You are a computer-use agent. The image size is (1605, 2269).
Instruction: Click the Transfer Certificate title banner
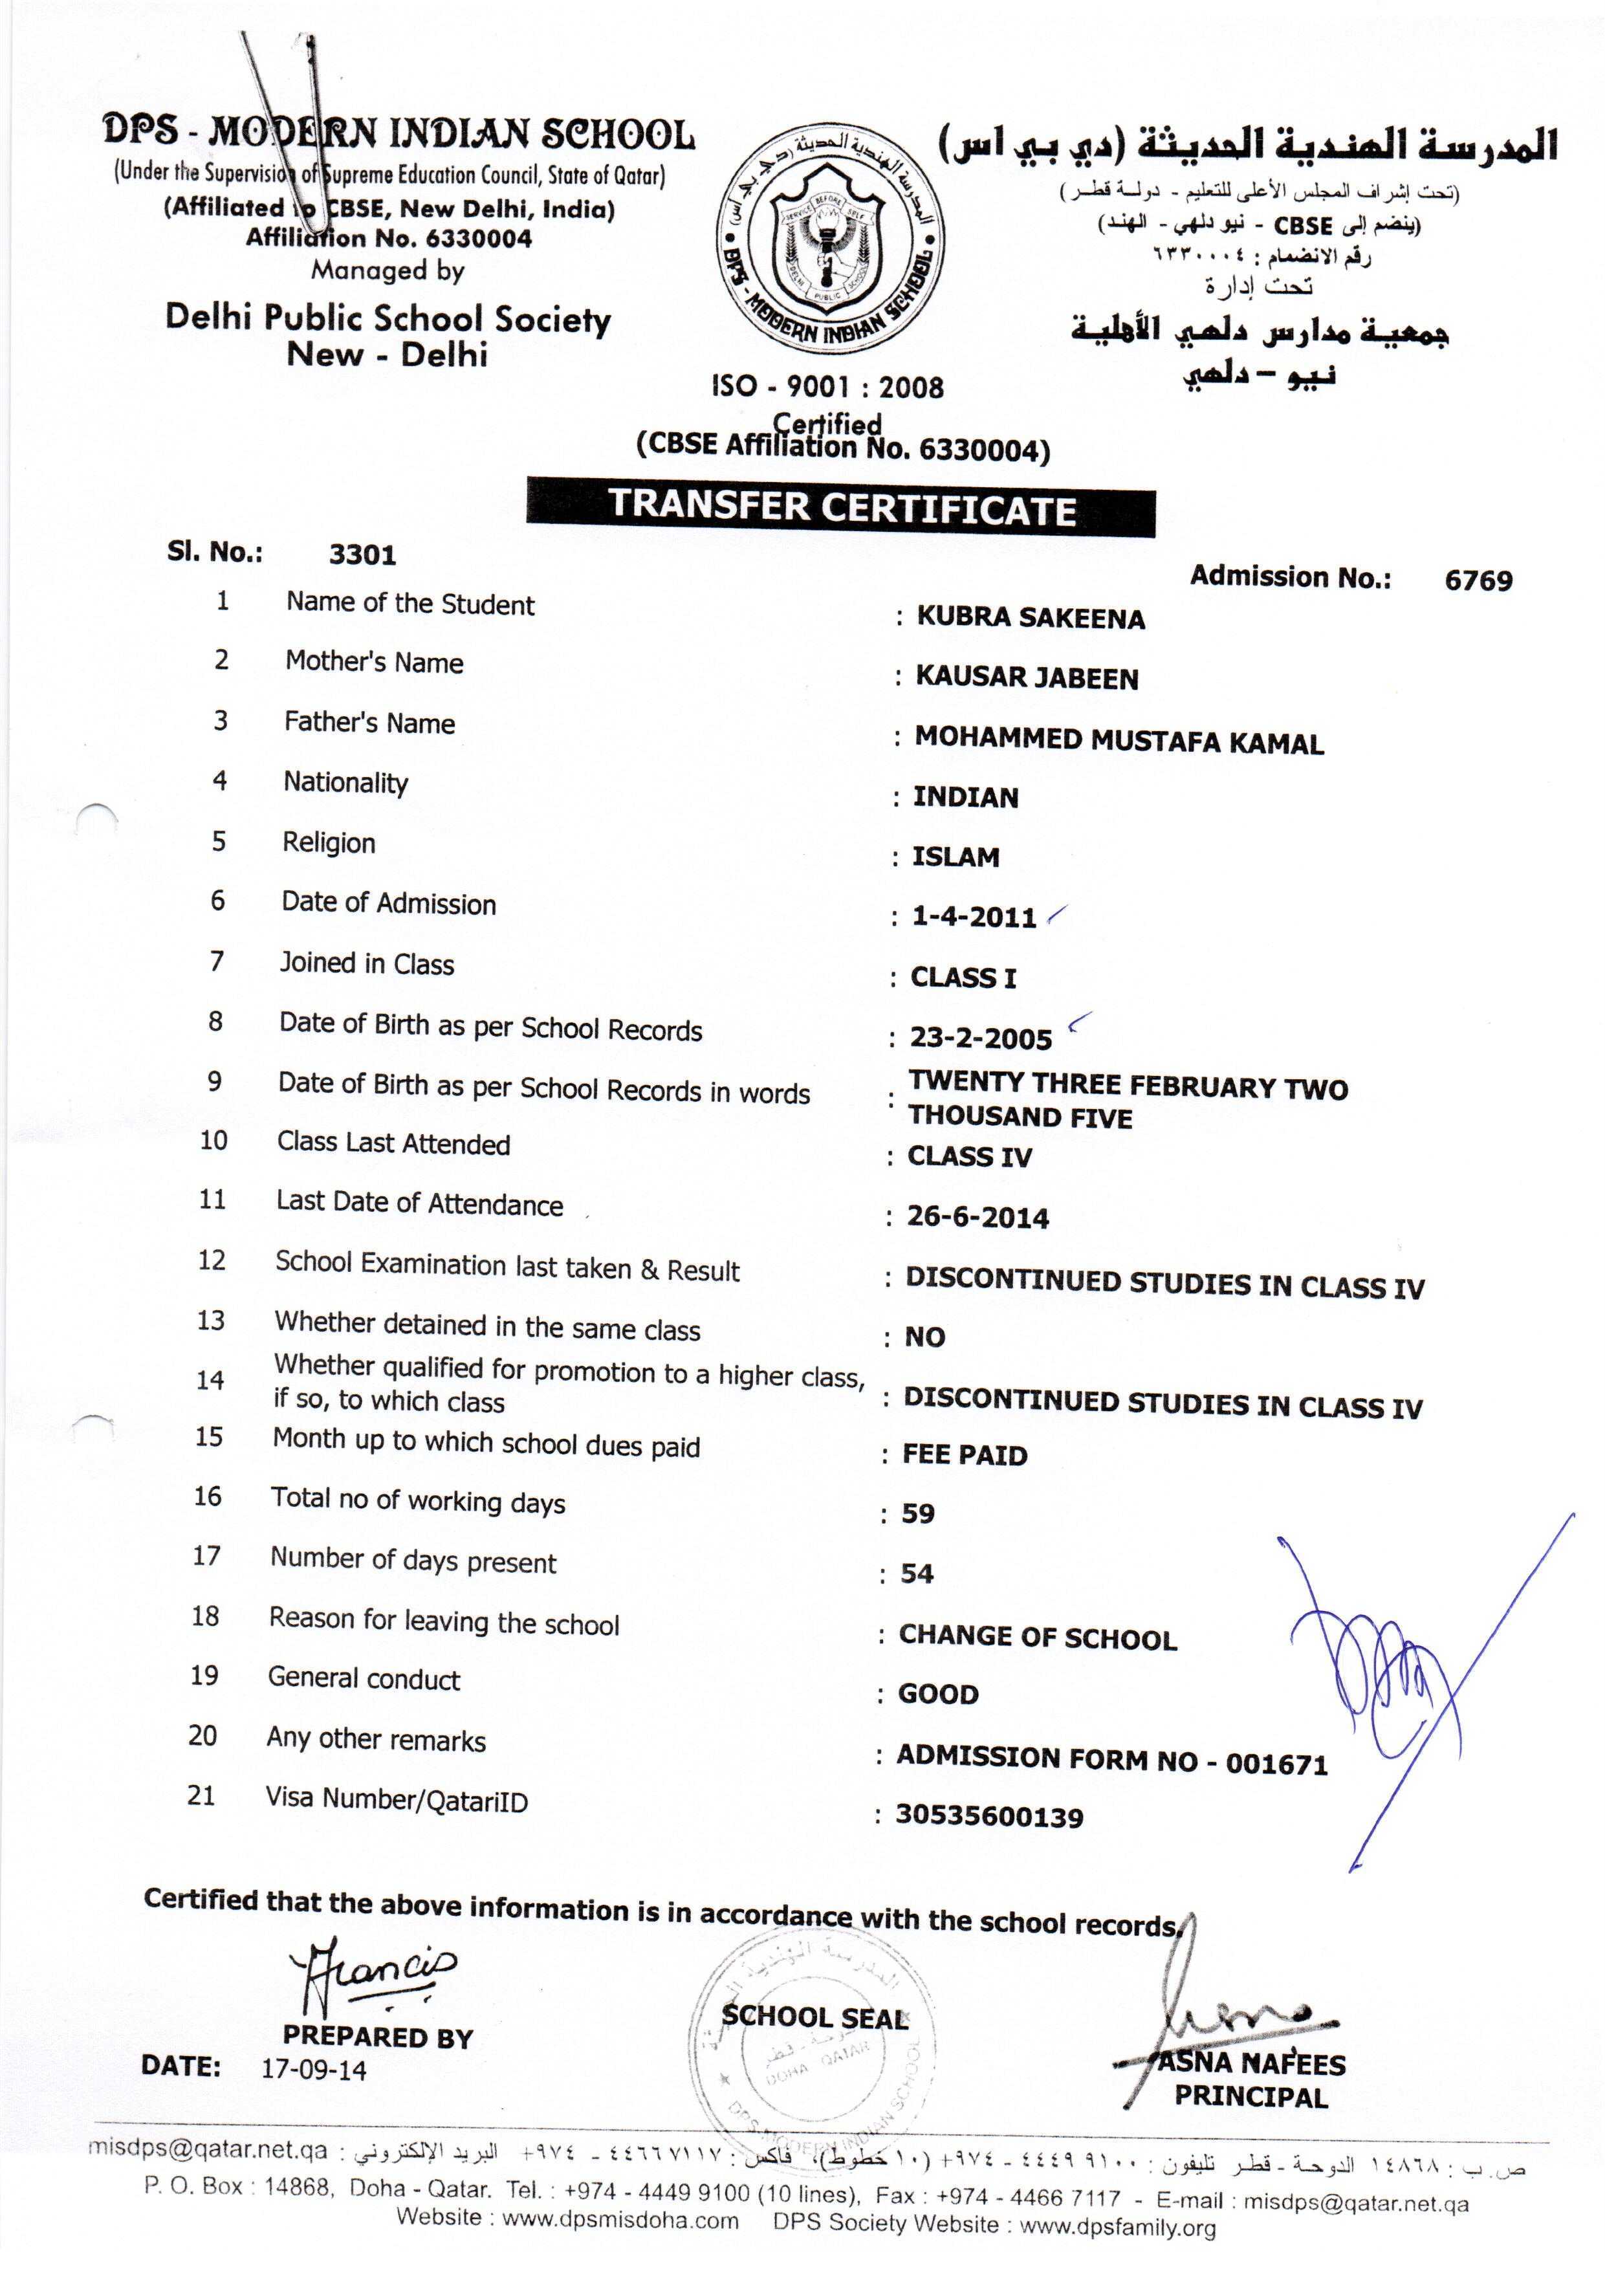[x=840, y=507]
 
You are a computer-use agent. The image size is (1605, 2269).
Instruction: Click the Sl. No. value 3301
[x=362, y=554]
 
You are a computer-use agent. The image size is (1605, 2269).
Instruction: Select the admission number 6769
[x=1478, y=580]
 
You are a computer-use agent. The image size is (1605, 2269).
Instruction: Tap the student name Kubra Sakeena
[x=1030, y=618]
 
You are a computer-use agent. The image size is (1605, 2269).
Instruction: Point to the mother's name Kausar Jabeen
[x=1026, y=678]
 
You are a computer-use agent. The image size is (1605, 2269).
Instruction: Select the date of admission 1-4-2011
[x=974, y=917]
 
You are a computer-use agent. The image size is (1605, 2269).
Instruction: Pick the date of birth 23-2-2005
[x=980, y=1038]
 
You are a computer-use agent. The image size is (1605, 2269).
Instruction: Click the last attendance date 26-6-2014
[x=977, y=1218]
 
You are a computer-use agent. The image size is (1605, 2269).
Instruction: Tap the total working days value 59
[x=917, y=1513]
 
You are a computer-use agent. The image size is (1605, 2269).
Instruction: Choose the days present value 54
[x=916, y=1573]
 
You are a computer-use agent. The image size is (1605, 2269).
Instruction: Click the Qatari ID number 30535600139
[x=988, y=1816]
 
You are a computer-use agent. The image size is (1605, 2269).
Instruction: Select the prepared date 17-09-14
[x=313, y=2068]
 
